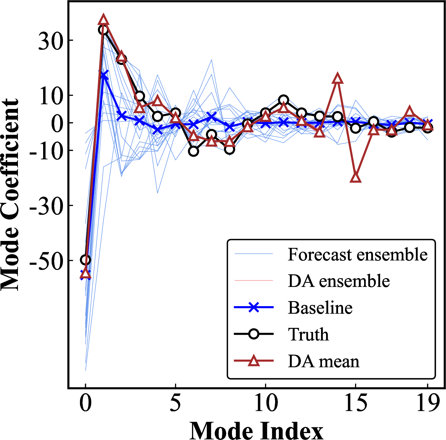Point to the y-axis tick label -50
[x=46, y=260]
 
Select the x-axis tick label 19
[x=427, y=403]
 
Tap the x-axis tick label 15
[x=356, y=403]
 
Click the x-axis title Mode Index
[x=256, y=430]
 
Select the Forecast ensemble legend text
[x=358, y=254]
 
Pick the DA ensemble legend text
[x=339, y=281]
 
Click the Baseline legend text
[x=320, y=307]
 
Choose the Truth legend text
[x=308, y=334]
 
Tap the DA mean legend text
[x=324, y=361]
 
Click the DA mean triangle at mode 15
[x=355, y=177]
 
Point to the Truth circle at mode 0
[x=85, y=260]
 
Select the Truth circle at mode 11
[x=283, y=100]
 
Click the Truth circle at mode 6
[x=194, y=151]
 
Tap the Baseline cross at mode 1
[x=103, y=76]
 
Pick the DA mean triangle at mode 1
[x=103, y=20]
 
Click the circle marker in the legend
[x=254, y=334]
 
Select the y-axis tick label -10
[x=46, y=151]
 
